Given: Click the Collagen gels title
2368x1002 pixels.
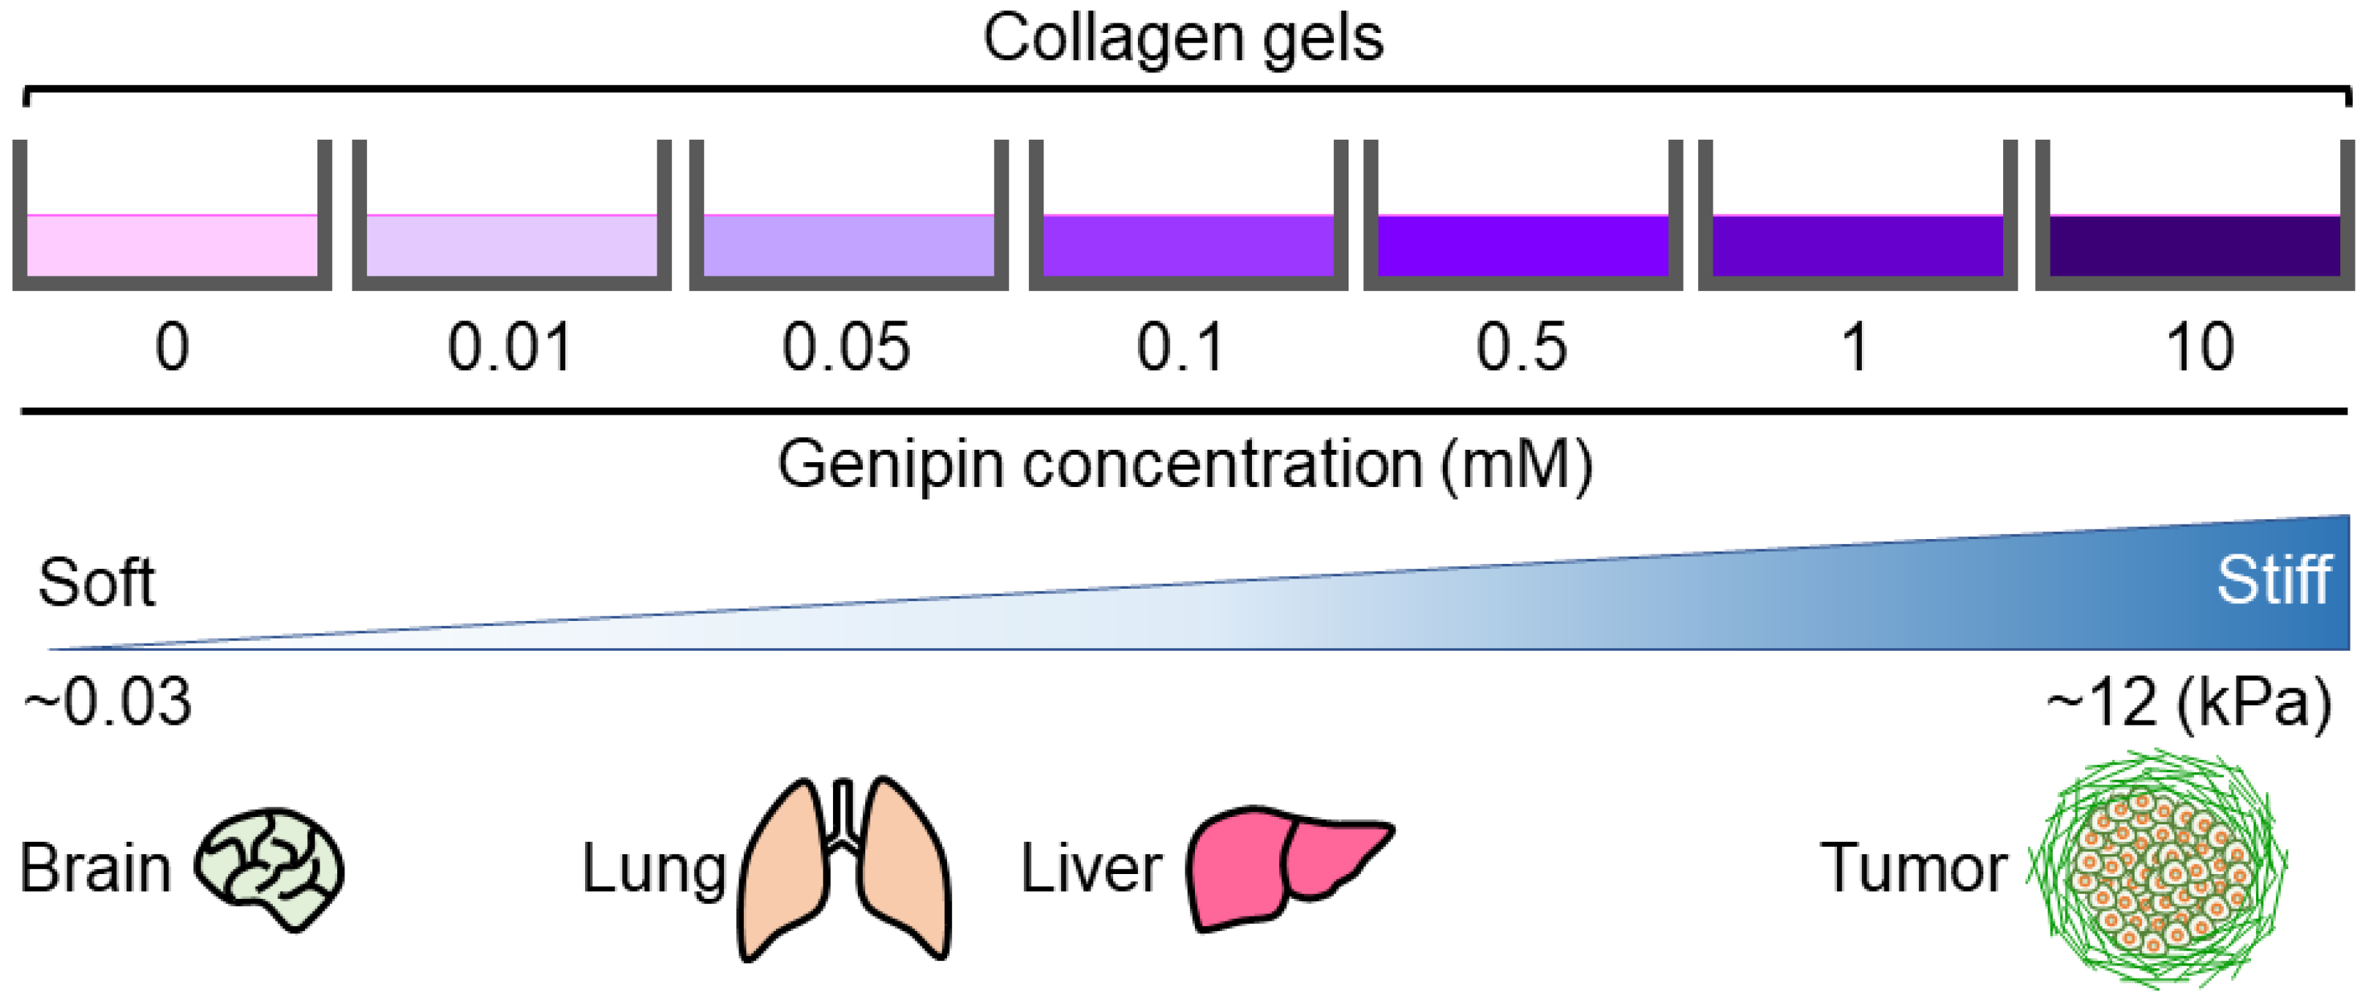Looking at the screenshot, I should coord(1183,39).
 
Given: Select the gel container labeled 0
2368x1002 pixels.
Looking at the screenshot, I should coord(172,244).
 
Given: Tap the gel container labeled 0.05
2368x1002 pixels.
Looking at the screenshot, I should coord(848,244).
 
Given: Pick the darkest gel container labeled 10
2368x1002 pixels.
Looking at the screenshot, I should coord(2194,244).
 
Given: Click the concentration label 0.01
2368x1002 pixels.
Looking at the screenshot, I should coord(510,347).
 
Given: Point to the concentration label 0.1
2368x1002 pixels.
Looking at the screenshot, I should coord(1181,347).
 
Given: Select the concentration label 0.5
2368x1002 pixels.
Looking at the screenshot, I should coord(1521,347).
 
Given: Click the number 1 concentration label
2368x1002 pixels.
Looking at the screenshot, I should coord(1856,347).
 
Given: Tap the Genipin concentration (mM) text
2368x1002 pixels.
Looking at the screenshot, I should coord(1184,465).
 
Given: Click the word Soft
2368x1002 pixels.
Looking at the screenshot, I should coord(97,583).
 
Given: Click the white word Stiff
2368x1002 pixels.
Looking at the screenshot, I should coord(2274,580).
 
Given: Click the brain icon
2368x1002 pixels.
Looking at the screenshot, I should coord(269,867).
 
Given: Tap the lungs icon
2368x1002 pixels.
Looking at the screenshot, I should coord(845,869).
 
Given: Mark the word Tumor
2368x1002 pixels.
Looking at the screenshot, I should coord(1913,867).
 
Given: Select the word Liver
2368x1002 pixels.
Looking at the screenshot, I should coord(1091,867).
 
